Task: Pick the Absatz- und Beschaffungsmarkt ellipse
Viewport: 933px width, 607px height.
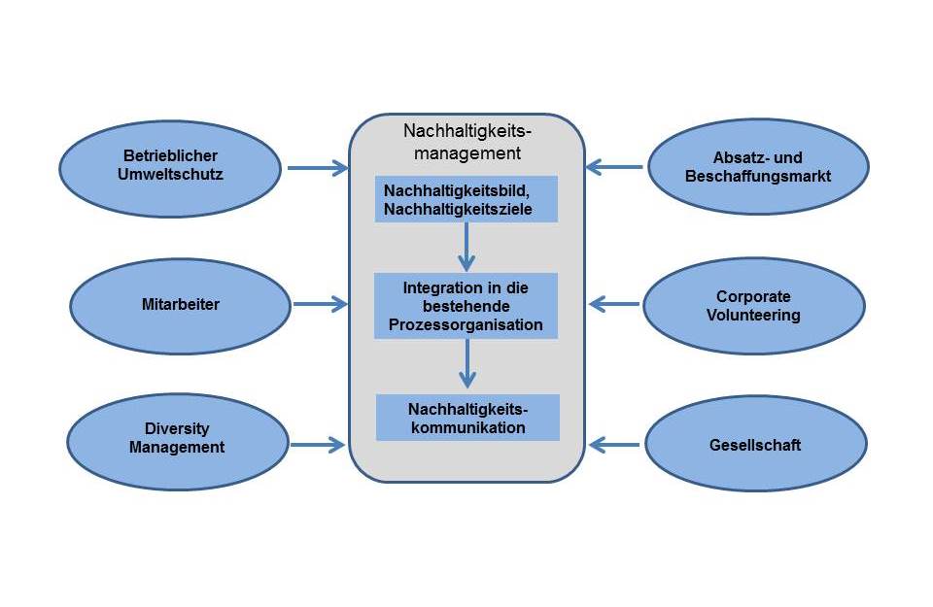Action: click(x=758, y=167)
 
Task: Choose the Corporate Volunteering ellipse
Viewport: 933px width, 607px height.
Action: click(x=753, y=305)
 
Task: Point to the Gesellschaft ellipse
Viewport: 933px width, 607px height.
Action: click(x=755, y=446)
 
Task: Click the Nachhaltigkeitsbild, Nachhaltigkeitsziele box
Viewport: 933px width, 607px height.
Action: click(x=466, y=199)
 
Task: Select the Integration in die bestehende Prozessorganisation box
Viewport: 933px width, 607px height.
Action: click(x=466, y=306)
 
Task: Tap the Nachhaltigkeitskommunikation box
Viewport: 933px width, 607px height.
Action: click(x=467, y=418)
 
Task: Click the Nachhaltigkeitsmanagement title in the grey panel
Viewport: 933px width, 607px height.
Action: click(x=466, y=141)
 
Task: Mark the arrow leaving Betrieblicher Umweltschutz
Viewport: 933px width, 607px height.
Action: click(x=317, y=168)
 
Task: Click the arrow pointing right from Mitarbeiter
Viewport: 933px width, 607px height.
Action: click(x=320, y=305)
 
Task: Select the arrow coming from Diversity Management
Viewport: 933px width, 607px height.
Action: click(x=318, y=446)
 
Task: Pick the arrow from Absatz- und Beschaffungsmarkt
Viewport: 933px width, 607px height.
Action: click(x=614, y=167)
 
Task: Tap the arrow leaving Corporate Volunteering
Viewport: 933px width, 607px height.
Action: click(x=615, y=305)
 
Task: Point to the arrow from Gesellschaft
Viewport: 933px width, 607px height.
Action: click(x=615, y=446)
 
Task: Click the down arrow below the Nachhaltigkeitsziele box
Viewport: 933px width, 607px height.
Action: click(x=467, y=247)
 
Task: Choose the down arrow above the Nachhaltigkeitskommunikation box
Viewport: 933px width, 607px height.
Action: click(x=467, y=363)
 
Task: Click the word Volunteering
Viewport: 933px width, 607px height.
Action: click(x=753, y=315)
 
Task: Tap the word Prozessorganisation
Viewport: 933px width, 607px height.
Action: click(x=466, y=325)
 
